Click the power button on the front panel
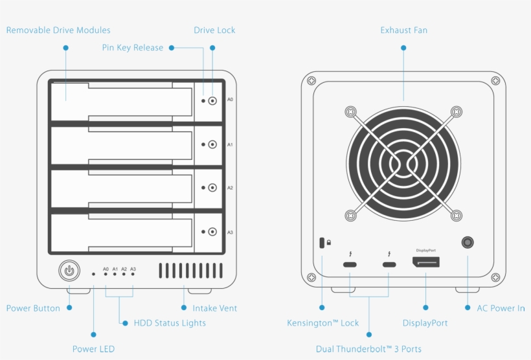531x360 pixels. point(69,271)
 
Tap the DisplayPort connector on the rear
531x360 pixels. point(425,263)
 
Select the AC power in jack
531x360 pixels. point(467,243)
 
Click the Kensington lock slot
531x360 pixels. point(322,243)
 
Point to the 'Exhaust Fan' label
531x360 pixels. point(403,30)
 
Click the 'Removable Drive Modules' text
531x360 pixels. point(58,30)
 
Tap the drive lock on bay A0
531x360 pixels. point(212,101)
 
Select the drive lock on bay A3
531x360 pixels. point(212,231)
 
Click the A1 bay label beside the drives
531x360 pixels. point(230,144)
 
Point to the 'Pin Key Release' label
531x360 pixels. point(133,48)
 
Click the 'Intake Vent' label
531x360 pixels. point(214,308)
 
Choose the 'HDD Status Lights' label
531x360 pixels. point(170,323)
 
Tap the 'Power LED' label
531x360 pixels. point(93,349)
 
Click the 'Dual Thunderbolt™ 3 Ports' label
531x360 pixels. point(368,349)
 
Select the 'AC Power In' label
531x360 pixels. point(501,308)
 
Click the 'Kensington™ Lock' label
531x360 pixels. point(322,323)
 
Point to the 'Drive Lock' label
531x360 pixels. point(214,30)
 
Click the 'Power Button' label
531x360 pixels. point(33,308)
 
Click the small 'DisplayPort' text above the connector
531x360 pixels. point(425,250)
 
